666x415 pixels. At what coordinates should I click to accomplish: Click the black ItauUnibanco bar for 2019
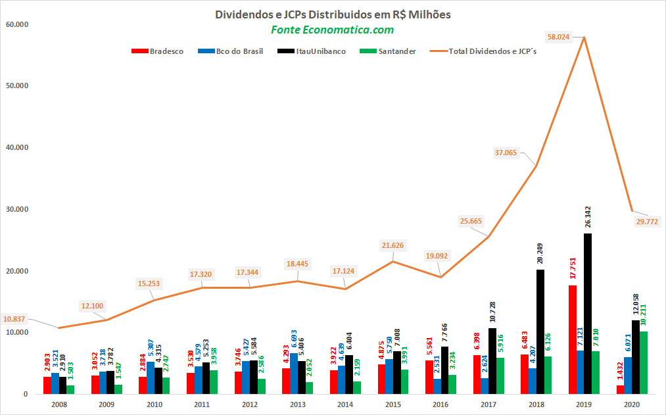(587, 314)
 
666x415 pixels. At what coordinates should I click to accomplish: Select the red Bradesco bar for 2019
(573, 339)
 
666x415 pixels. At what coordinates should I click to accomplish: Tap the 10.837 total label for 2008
(14, 319)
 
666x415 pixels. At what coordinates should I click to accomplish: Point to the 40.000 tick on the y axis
(22, 148)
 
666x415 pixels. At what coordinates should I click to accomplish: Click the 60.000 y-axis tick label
(22, 24)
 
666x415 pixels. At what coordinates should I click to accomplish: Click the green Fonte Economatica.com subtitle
(333, 30)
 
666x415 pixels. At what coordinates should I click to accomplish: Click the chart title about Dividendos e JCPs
(333, 14)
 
